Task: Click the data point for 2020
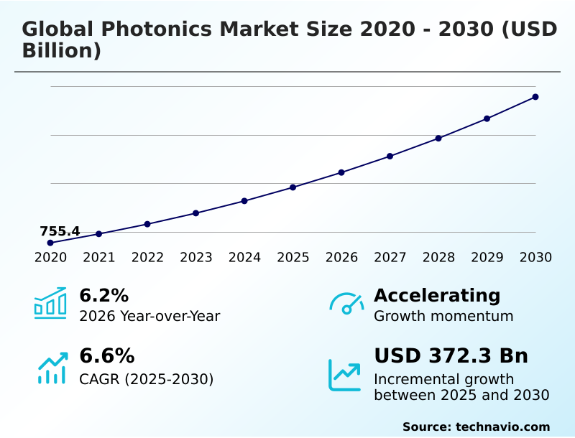pyautogui.click(x=50, y=243)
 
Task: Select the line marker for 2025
pyautogui.click(x=293, y=187)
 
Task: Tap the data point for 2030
pyautogui.click(x=535, y=97)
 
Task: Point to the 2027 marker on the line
pyautogui.click(x=390, y=156)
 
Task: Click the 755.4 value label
pyautogui.click(x=60, y=231)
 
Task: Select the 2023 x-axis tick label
pyautogui.click(x=195, y=258)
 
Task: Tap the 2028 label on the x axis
pyautogui.click(x=438, y=258)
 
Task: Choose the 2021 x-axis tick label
pyautogui.click(x=99, y=258)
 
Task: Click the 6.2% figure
pyautogui.click(x=103, y=295)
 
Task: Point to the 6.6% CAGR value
pyautogui.click(x=106, y=356)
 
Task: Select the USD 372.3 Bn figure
pyautogui.click(x=451, y=356)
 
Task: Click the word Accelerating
pyautogui.click(x=437, y=295)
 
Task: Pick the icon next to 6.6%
pyautogui.click(x=52, y=368)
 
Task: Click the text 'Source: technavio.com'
pyautogui.click(x=476, y=427)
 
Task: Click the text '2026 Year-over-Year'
pyautogui.click(x=149, y=316)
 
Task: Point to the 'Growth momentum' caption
pyautogui.click(x=443, y=316)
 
